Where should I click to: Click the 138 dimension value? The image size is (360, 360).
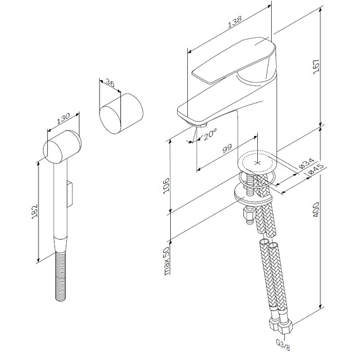tap(235, 21)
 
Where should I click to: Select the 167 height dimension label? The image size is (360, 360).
tap(316, 67)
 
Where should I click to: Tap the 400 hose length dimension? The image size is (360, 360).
tap(316, 209)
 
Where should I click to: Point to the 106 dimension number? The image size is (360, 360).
tap(166, 185)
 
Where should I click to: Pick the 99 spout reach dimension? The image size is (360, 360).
tap(228, 149)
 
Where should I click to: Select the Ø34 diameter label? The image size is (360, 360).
tap(307, 163)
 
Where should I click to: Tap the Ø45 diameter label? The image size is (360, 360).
tap(316, 169)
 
